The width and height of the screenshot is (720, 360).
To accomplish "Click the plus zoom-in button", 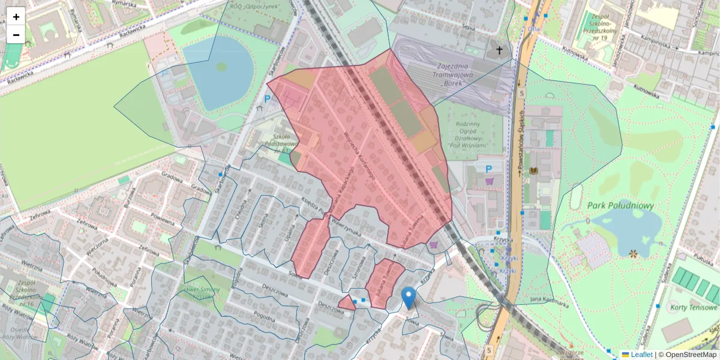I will click(x=16, y=16).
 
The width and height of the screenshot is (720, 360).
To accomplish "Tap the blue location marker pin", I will click(x=409, y=297).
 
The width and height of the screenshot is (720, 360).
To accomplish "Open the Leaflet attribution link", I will click(x=641, y=355).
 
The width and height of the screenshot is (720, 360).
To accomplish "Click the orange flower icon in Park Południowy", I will click(x=633, y=254).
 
